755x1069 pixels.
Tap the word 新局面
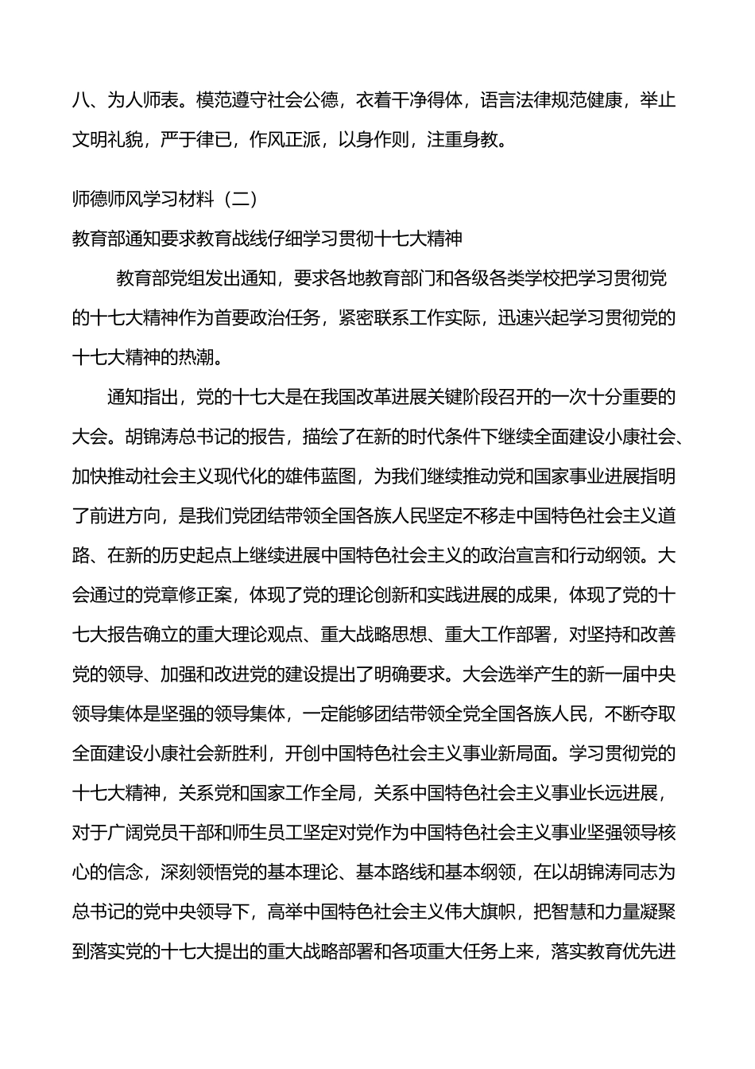[x=516, y=753]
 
